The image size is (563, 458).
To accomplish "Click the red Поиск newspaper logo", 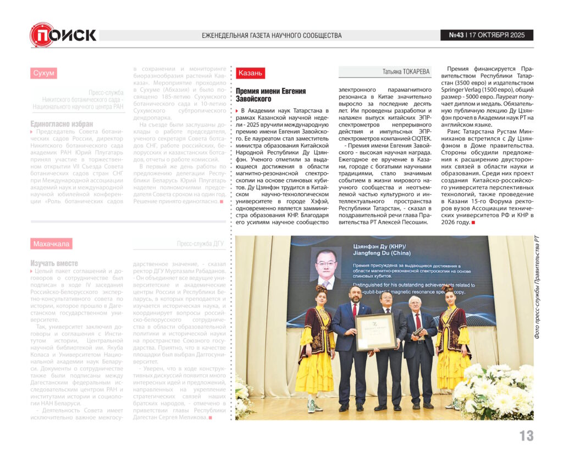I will pyautogui.click(x=63, y=35).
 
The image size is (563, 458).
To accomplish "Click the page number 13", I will pyautogui.click(x=526, y=435).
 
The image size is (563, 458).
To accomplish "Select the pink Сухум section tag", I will pyautogui.click(x=43, y=73).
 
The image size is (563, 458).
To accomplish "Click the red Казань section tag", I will pyautogui.click(x=250, y=73).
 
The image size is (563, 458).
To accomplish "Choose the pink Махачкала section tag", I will pyautogui.click(x=52, y=244).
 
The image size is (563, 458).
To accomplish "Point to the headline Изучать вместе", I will pyautogui.click(x=54, y=263).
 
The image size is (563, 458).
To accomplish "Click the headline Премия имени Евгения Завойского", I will pyautogui.click(x=271, y=95).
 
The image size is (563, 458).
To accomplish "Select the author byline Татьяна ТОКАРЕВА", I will pyautogui.click(x=406, y=72).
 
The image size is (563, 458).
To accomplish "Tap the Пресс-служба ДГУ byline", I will pyautogui.click(x=200, y=244).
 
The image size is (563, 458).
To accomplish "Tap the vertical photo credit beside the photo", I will pyautogui.click(x=537, y=286).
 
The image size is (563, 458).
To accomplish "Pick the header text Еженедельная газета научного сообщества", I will pyautogui.click(x=272, y=36).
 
